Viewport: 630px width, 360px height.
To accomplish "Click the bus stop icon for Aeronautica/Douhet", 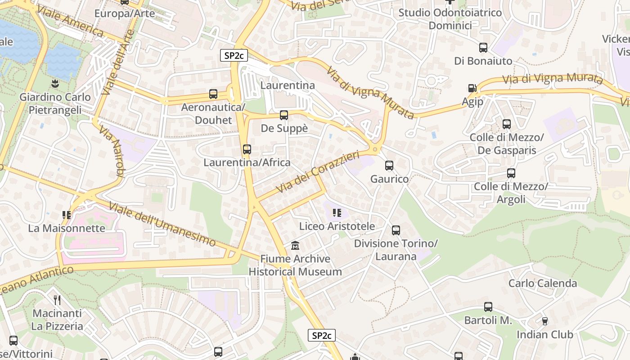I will coord(213,94).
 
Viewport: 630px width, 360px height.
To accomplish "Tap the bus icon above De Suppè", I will coord(284,115).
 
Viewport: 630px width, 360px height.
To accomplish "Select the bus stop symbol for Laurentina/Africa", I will coord(247,149).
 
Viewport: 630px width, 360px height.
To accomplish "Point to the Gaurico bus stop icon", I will coord(389,165).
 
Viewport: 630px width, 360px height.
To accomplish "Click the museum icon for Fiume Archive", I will coord(295,246).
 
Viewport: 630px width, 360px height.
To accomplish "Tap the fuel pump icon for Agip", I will coord(472,88).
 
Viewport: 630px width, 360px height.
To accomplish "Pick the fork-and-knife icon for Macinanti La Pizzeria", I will coord(57,300).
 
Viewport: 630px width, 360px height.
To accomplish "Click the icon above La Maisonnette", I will coord(67,215).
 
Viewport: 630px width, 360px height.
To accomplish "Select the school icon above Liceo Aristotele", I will coord(337,213).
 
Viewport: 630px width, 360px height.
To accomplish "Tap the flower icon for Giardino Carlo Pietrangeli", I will coord(54,83).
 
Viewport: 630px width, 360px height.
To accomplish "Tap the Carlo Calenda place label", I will coord(542,283).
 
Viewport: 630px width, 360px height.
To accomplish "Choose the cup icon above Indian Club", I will coord(544,321).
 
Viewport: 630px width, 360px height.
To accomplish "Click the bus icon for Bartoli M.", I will coord(488,307).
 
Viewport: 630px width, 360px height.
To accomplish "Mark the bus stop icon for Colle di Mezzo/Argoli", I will coord(511,173).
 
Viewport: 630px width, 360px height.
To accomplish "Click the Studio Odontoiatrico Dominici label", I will coord(450,19).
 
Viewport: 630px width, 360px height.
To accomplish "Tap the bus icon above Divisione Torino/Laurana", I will coord(396,230).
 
